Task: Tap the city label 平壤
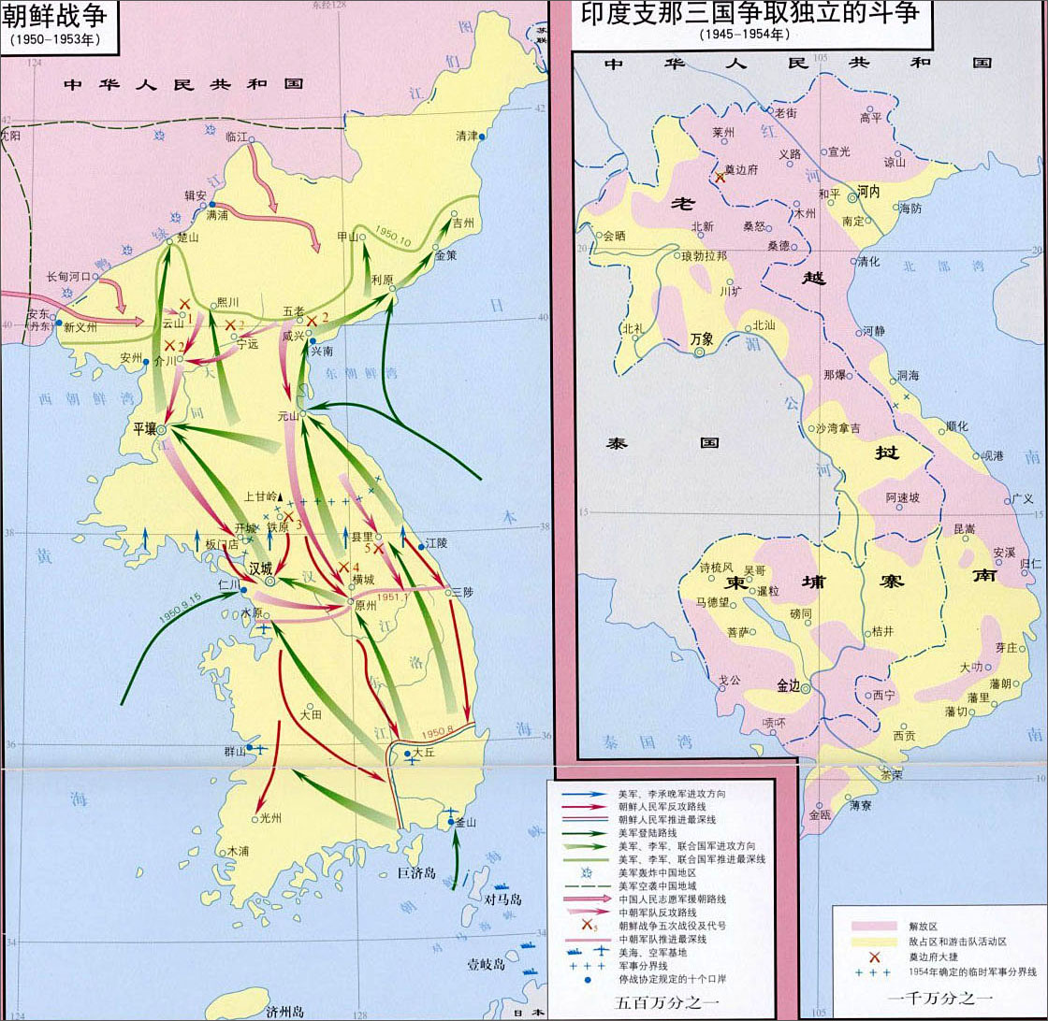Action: tap(144, 427)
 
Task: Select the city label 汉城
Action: tap(259, 568)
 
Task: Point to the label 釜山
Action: tap(466, 823)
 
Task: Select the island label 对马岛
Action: tap(502, 899)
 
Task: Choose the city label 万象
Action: tap(701, 338)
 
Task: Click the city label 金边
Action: tap(789, 684)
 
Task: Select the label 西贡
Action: tap(904, 735)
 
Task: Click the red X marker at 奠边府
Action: tap(720, 177)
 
